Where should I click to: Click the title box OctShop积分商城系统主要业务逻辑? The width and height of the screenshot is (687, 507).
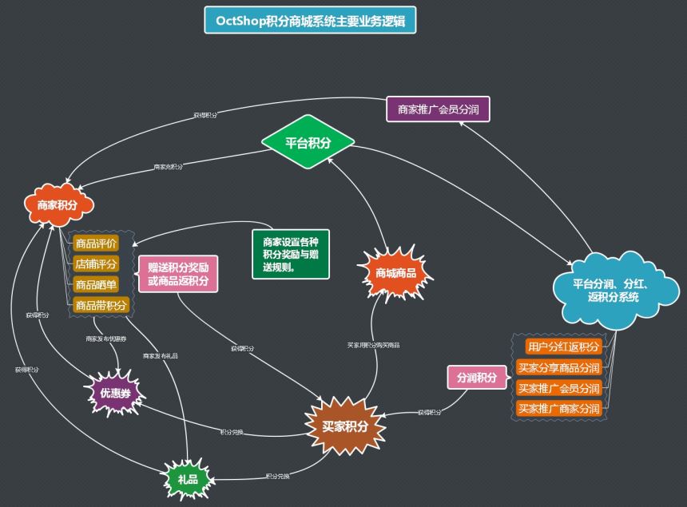click(x=309, y=19)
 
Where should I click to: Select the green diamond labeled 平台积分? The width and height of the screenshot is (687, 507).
click(x=308, y=143)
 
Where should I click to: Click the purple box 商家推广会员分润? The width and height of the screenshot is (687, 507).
click(x=438, y=109)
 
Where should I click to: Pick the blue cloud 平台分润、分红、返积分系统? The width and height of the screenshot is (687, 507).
click(x=611, y=290)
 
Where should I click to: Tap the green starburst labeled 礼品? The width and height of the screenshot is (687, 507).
click(x=189, y=477)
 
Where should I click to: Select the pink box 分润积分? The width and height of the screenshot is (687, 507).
click(x=477, y=377)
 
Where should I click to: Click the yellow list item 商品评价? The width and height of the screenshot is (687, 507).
click(x=96, y=244)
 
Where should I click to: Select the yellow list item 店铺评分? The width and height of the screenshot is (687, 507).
click(x=96, y=264)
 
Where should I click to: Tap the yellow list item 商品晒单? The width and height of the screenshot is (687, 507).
click(x=96, y=285)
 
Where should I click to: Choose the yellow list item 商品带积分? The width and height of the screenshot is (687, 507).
click(x=101, y=306)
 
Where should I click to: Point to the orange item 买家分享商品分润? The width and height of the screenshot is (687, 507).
click(x=558, y=368)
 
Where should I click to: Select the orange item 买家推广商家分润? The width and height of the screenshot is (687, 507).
click(x=558, y=409)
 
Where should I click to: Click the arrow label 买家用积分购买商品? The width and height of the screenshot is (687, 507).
click(x=373, y=345)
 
